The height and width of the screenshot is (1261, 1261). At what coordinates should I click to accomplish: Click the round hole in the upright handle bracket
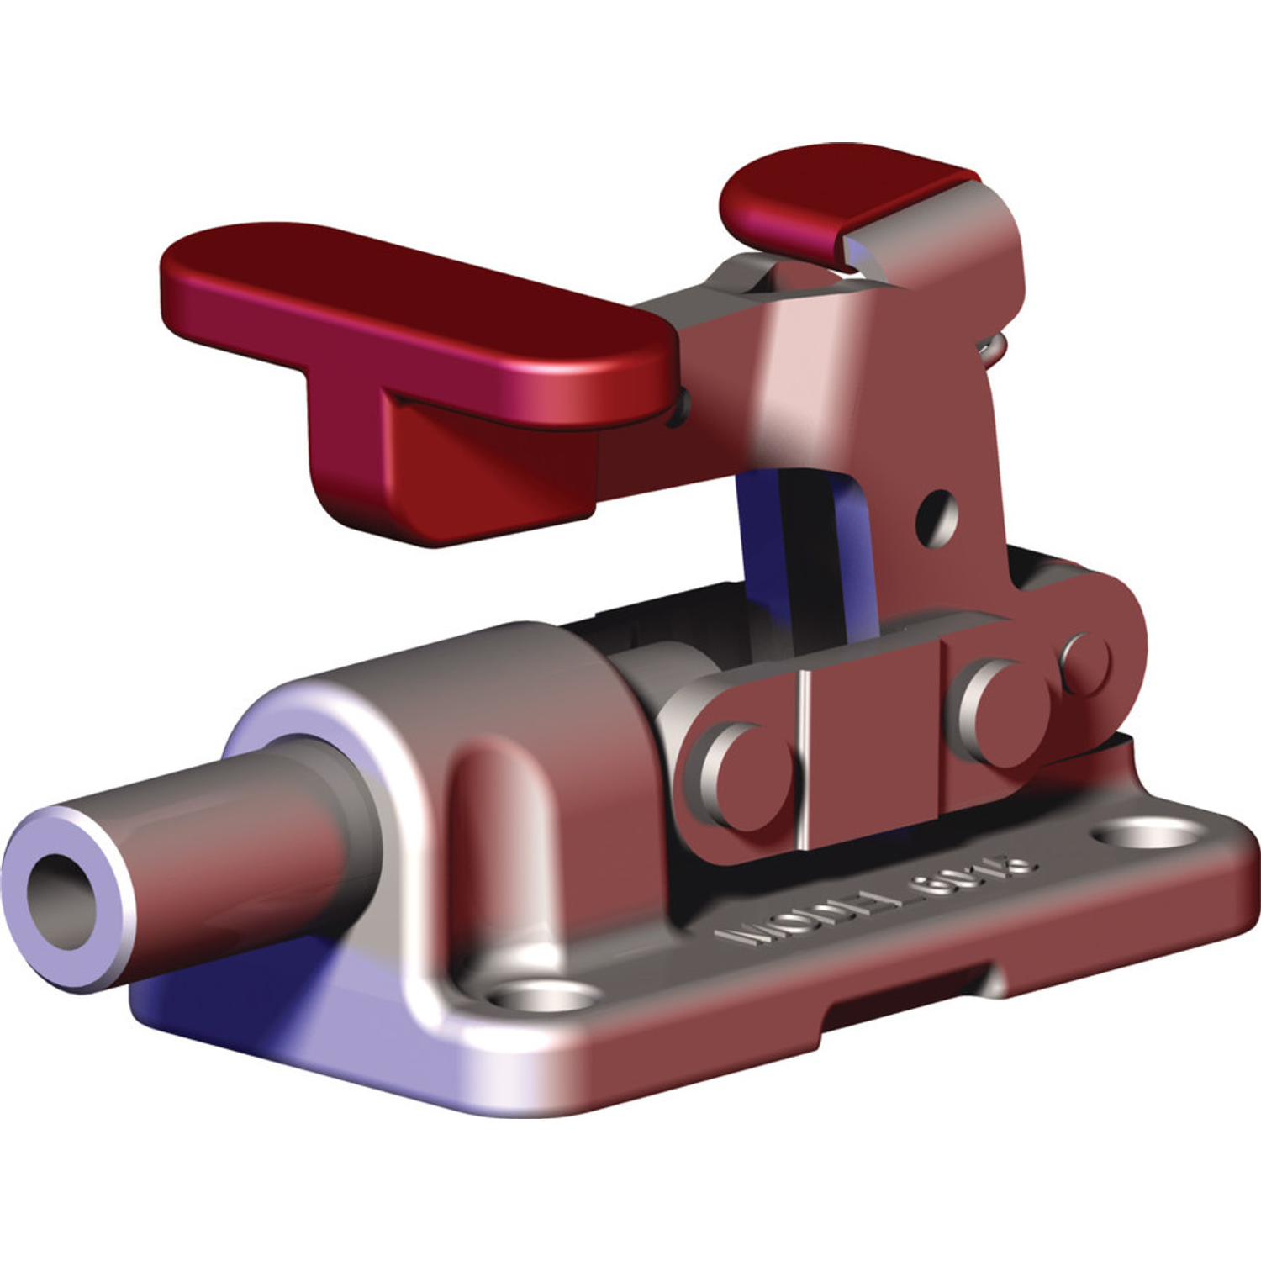click(x=937, y=516)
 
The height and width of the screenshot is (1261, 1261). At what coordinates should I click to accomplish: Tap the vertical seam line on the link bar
click(x=805, y=757)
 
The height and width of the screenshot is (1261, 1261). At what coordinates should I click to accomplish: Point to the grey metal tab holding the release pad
click(x=950, y=244)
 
